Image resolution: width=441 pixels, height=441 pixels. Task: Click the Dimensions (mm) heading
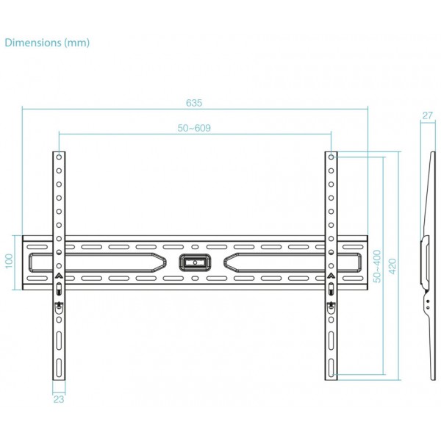(x=47, y=43)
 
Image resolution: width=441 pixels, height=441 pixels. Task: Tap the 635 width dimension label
(x=194, y=103)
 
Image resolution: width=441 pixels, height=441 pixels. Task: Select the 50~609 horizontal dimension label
(x=194, y=128)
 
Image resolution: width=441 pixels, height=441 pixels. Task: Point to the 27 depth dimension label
(x=427, y=115)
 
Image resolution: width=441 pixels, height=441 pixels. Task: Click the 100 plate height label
(x=10, y=261)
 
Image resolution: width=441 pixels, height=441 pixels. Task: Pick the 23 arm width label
(x=59, y=399)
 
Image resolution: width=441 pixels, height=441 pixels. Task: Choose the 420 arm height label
(x=392, y=266)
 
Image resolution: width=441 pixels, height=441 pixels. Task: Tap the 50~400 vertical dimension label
(x=377, y=266)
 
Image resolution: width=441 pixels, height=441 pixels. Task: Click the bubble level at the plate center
(x=195, y=262)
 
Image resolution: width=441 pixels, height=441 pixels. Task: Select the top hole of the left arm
(x=59, y=157)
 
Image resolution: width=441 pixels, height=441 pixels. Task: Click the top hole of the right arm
(x=331, y=157)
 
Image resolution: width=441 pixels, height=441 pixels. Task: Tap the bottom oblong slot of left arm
(x=59, y=368)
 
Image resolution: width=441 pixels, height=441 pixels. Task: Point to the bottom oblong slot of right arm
(x=331, y=368)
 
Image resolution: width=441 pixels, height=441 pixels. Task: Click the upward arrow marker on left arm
(x=59, y=276)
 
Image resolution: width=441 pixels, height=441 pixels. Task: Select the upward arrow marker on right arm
(x=331, y=276)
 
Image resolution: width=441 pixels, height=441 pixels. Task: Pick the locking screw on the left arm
(x=59, y=306)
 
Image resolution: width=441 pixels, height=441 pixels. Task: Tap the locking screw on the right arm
(x=331, y=306)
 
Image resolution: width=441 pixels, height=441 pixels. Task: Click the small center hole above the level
(x=195, y=247)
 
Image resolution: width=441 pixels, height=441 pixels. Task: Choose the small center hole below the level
(x=195, y=279)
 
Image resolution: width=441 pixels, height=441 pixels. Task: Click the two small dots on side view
(x=428, y=304)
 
